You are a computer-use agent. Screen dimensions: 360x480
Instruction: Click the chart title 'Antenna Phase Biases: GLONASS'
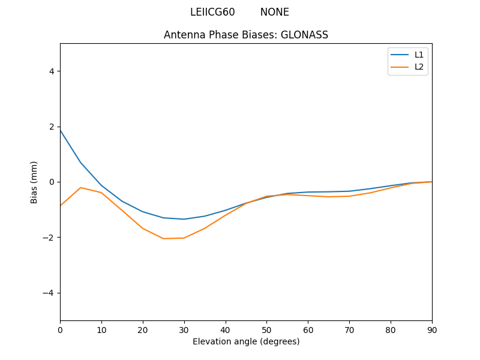click(246, 35)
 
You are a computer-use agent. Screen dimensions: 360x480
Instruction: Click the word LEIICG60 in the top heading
click(212, 12)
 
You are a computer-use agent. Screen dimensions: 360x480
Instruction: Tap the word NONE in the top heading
click(274, 12)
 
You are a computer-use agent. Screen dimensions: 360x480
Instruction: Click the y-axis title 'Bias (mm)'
click(34, 182)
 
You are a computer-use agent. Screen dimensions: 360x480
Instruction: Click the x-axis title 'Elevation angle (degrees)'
click(246, 341)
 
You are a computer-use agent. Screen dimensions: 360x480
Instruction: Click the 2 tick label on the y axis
click(51, 127)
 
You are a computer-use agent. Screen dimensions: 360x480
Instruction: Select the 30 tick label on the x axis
click(184, 329)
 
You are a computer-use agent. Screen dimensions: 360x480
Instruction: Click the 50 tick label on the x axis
click(266, 329)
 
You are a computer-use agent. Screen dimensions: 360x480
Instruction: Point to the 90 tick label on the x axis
click(432, 329)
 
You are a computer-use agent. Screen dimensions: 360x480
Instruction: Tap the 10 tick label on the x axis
click(101, 329)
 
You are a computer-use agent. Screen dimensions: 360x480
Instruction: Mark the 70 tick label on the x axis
click(349, 329)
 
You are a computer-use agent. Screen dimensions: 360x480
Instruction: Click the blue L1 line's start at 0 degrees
click(61, 130)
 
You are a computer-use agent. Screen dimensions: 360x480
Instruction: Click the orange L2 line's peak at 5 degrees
click(80, 188)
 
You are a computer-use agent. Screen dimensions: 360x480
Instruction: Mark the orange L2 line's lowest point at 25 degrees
click(163, 239)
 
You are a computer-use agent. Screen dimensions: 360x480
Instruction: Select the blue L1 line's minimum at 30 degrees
click(184, 219)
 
